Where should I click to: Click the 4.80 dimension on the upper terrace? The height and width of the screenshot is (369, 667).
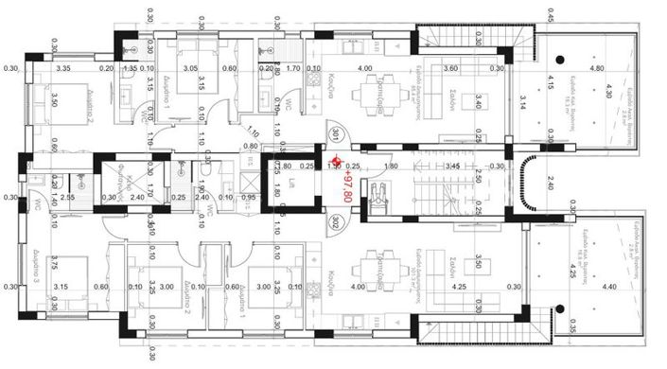[596, 69]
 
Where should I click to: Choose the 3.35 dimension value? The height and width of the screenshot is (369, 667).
[63, 69]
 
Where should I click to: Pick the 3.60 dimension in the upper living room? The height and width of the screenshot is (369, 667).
[451, 69]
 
